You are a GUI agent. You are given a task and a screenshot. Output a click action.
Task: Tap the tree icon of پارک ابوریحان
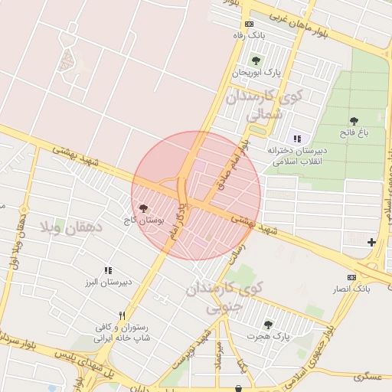pos(256,60)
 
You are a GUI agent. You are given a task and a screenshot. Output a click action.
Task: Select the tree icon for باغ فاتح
pos(354,121)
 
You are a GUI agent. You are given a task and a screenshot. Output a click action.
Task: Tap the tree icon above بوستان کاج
pos(144,208)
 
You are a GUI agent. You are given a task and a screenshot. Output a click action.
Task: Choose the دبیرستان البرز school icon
pos(108,270)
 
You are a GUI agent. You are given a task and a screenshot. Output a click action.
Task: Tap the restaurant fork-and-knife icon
pos(122,315)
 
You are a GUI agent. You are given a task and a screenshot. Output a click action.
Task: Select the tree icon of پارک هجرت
pos(267,325)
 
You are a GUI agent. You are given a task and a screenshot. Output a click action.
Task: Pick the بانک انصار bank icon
pos(351,277)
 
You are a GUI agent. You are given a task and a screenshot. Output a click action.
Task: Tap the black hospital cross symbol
pos(371,243)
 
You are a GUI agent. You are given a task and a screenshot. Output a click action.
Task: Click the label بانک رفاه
pos(248,35)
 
